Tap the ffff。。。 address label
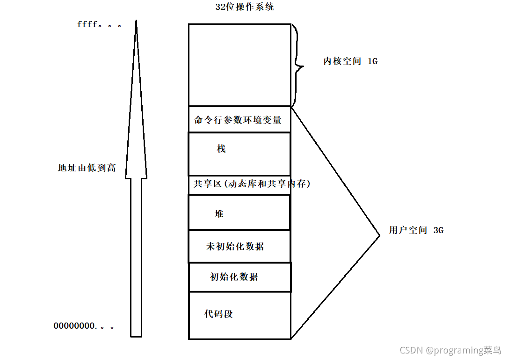point(99,24)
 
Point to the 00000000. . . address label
point(84,325)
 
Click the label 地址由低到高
point(87,168)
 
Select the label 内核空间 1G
point(350,61)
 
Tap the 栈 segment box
point(239,154)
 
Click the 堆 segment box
point(239,213)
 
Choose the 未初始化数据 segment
point(239,246)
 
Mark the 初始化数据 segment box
point(239,277)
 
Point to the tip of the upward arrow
point(136,21)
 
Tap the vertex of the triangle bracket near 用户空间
point(379,235)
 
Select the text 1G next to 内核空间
point(372,61)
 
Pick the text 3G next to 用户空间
point(438,230)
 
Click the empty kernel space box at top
point(239,65)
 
